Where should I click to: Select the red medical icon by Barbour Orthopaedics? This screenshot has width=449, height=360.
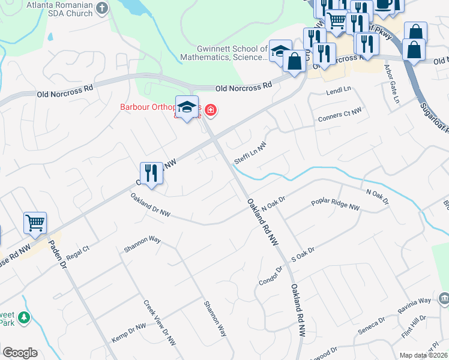tap(211, 109)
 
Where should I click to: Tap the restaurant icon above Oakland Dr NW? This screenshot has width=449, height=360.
tap(152, 174)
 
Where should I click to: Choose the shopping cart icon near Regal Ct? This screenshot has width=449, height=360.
tap(35, 223)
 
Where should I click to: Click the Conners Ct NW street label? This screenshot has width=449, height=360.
tap(340, 114)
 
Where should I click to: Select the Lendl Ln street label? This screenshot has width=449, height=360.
tap(338, 91)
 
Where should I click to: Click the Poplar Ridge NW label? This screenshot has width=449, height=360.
tap(336, 204)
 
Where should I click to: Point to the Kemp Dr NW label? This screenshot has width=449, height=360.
tap(128, 333)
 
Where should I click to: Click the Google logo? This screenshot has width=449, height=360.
tap(20, 353)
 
